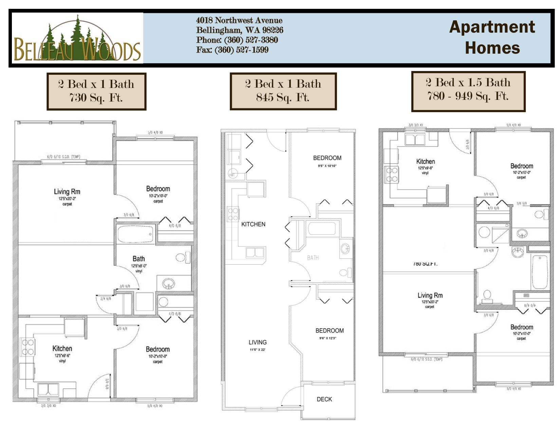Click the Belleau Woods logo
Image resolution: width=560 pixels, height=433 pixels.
[x=77, y=38]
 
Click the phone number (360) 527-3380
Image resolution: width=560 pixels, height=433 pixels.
[x=237, y=40]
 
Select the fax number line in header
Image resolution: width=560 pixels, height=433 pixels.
[x=232, y=50]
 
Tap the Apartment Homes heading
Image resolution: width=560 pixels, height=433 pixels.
[x=492, y=37]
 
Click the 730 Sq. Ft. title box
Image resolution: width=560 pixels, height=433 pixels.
[x=96, y=91]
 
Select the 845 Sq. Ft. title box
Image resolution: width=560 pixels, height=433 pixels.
[x=283, y=91]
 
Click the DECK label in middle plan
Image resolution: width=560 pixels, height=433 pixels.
[x=324, y=399]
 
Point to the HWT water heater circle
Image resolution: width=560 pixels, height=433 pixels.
[x=232, y=174]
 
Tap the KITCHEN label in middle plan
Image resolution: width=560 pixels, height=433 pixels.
[x=253, y=224]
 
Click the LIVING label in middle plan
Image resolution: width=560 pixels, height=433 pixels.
[x=258, y=342]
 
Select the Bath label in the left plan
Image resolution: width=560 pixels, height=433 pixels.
[x=138, y=259]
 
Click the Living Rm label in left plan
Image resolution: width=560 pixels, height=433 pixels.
[x=67, y=192]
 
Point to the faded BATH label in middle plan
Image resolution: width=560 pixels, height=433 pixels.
[x=313, y=258]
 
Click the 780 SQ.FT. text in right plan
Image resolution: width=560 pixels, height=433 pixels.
[x=425, y=264]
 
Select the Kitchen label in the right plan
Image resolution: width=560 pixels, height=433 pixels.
[x=425, y=162]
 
